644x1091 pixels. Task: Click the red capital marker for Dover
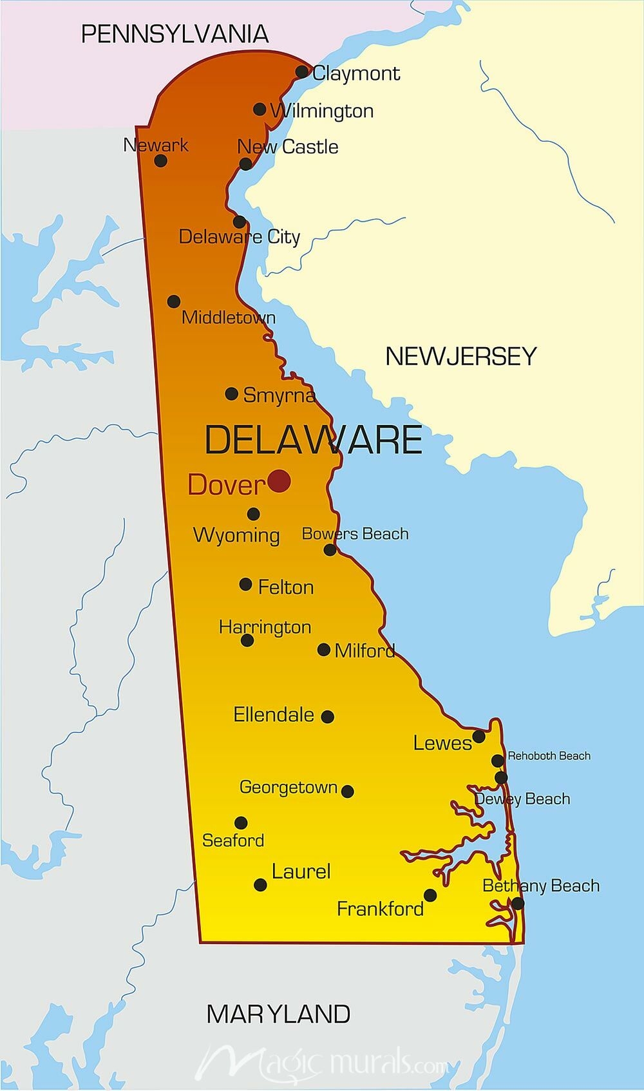[x=279, y=480]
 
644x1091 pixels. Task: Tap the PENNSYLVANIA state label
[x=175, y=33]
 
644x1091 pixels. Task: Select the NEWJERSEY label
[x=460, y=356]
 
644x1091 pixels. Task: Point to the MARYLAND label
[x=278, y=1014]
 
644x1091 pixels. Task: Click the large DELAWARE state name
[x=313, y=440]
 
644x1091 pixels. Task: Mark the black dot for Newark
[x=161, y=160]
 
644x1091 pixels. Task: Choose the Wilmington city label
[x=322, y=111]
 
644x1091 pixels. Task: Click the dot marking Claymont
[x=302, y=71]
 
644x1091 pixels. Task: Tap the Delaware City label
[x=239, y=237]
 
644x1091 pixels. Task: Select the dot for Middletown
[x=173, y=301]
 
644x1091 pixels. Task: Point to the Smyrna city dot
[x=232, y=394]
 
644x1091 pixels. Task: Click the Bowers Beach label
[x=355, y=534]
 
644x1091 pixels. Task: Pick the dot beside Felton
[x=245, y=584]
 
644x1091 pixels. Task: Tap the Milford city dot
[x=324, y=650]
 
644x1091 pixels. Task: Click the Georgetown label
[x=289, y=787]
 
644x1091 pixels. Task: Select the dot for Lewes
[x=478, y=736]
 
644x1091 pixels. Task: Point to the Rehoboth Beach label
[x=549, y=756]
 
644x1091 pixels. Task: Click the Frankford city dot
[x=430, y=895]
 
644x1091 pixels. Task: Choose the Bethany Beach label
[x=541, y=886]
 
